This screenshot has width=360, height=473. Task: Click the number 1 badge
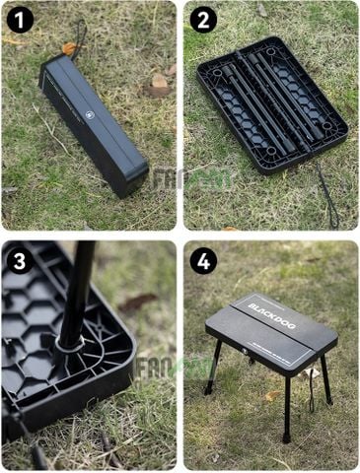[x=20, y=20]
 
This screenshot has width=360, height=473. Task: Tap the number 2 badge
[x=203, y=20]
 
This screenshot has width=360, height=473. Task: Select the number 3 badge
[x=20, y=260]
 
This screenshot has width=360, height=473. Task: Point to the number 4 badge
[x=203, y=260]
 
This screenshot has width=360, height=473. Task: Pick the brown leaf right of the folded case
[x=158, y=87]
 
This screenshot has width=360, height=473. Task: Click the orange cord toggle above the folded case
[x=69, y=48]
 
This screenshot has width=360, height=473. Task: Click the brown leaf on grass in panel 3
[x=137, y=302]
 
